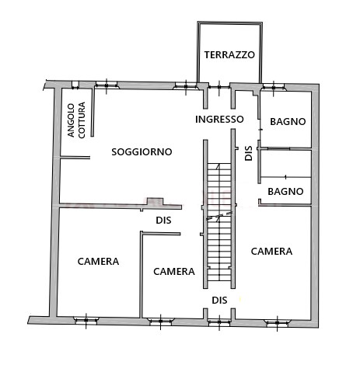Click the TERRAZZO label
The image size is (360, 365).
click(229, 55)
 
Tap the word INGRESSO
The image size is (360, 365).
click(219, 120)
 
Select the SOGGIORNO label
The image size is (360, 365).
click(142, 151)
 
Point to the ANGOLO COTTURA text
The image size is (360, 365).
click(76, 120)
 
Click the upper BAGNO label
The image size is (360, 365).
click(288, 122)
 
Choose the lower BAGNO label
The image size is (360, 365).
click(285, 192)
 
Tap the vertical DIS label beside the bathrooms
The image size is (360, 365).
click(249, 153)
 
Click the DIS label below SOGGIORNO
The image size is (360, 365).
click(163, 221)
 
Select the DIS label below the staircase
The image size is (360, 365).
click(219, 301)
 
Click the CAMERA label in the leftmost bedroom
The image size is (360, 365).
click(98, 262)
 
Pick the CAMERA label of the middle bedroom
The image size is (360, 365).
click(174, 272)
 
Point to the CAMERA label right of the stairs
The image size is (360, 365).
click(271, 252)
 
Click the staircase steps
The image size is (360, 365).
click(219, 222)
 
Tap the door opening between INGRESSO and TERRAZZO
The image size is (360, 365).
click(219, 87)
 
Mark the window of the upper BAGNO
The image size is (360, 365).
click(274, 87)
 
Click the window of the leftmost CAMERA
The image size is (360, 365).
click(86, 321)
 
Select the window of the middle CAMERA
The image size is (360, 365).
click(160, 322)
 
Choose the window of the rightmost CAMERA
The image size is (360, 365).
click(278, 322)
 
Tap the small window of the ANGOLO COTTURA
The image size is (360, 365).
click(75, 85)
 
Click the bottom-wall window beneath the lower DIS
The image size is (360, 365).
click(219, 322)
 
